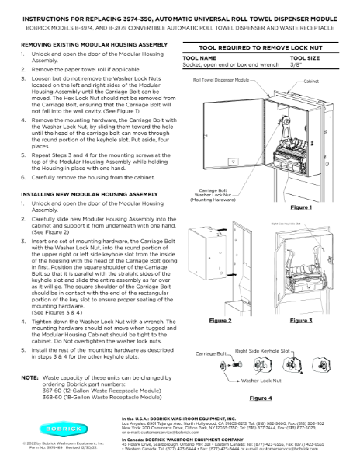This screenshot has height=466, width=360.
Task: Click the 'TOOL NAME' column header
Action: pos(199,58)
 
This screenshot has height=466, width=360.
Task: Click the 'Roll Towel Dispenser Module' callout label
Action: pos(222,80)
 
